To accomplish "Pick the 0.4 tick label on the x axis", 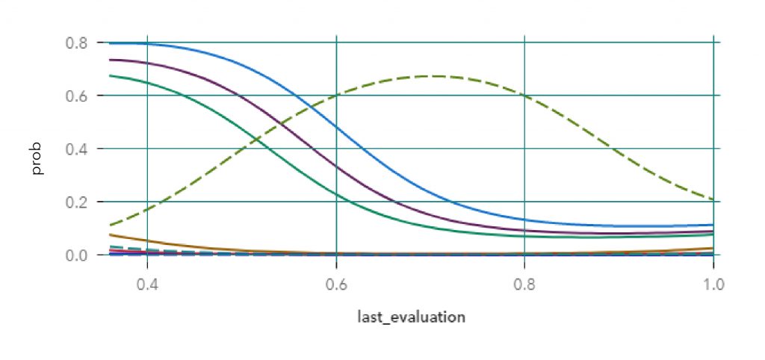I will tap(147, 284).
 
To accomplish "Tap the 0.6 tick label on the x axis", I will tap(336, 284).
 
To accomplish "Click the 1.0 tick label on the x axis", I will tap(713, 284).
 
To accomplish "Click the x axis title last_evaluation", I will tap(411, 317).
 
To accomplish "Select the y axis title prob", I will tap(37, 158).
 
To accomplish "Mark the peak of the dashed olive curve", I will tap(433, 75).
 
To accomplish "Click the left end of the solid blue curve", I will tap(110, 43).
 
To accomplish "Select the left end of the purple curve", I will tap(110, 60).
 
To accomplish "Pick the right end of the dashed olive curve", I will tap(713, 199).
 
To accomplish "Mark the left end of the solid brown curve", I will tap(110, 235).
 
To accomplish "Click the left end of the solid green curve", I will tap(110, 75).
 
